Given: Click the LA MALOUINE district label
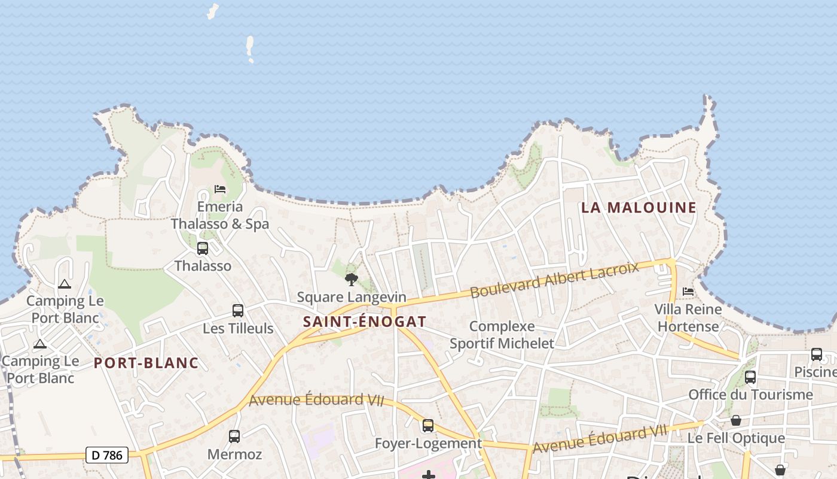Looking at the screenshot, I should (x=639, y=208).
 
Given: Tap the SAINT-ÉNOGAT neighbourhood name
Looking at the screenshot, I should (x=365, y=322).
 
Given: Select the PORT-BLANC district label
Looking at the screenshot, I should (x=146, y=363).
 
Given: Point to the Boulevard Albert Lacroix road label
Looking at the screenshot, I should (x=554, y=280).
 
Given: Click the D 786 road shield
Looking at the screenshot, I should (x=108, y=455).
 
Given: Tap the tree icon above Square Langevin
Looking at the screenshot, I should (x=352, y=279).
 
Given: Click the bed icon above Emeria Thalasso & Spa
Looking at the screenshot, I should (x=220, y=189).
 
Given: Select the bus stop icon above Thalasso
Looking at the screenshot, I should (x=203, y=248).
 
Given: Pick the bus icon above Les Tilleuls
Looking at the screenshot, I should (x=238, y=311).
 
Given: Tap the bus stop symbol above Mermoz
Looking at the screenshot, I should (x=234, y=436).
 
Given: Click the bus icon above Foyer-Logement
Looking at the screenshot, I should (x=428, y=426).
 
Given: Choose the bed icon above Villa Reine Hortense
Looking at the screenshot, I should (x=688, y=292).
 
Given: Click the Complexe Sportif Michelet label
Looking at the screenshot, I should (x=502, y=335).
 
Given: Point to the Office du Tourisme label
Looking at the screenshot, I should (x=750, y=395).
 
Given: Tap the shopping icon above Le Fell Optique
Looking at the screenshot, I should (x=736, y=421).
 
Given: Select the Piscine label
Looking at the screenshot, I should (x=815, y=372).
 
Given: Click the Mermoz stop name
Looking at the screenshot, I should (x=234, y=454).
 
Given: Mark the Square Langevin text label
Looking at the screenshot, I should (x=352, y=297).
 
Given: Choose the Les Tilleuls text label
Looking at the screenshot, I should (x=238, y=328).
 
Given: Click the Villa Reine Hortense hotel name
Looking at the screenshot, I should (x=688, y=318).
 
